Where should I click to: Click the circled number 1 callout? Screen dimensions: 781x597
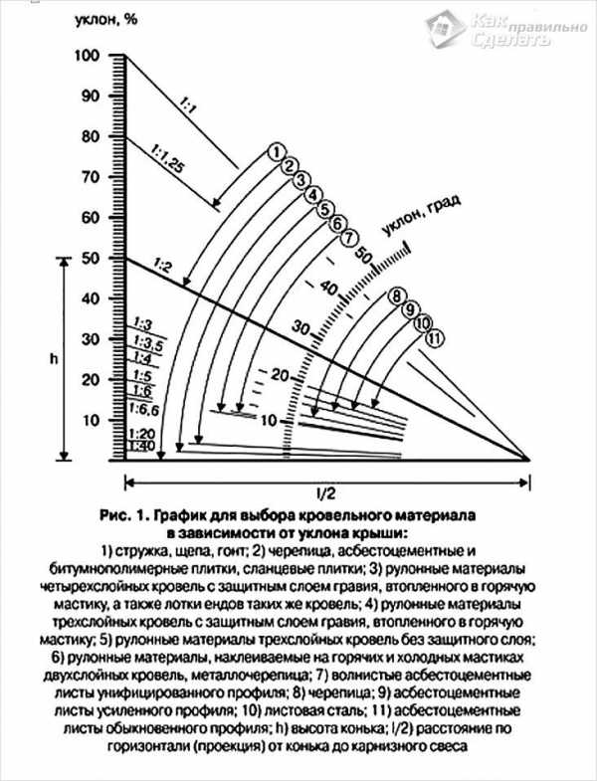pyautogui.click(x=276, y=151)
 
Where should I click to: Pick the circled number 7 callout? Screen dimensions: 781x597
pyautogui.click(x=348, y=240)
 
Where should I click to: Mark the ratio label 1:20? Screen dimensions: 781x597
pyautogui.click(x=140, y=435)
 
